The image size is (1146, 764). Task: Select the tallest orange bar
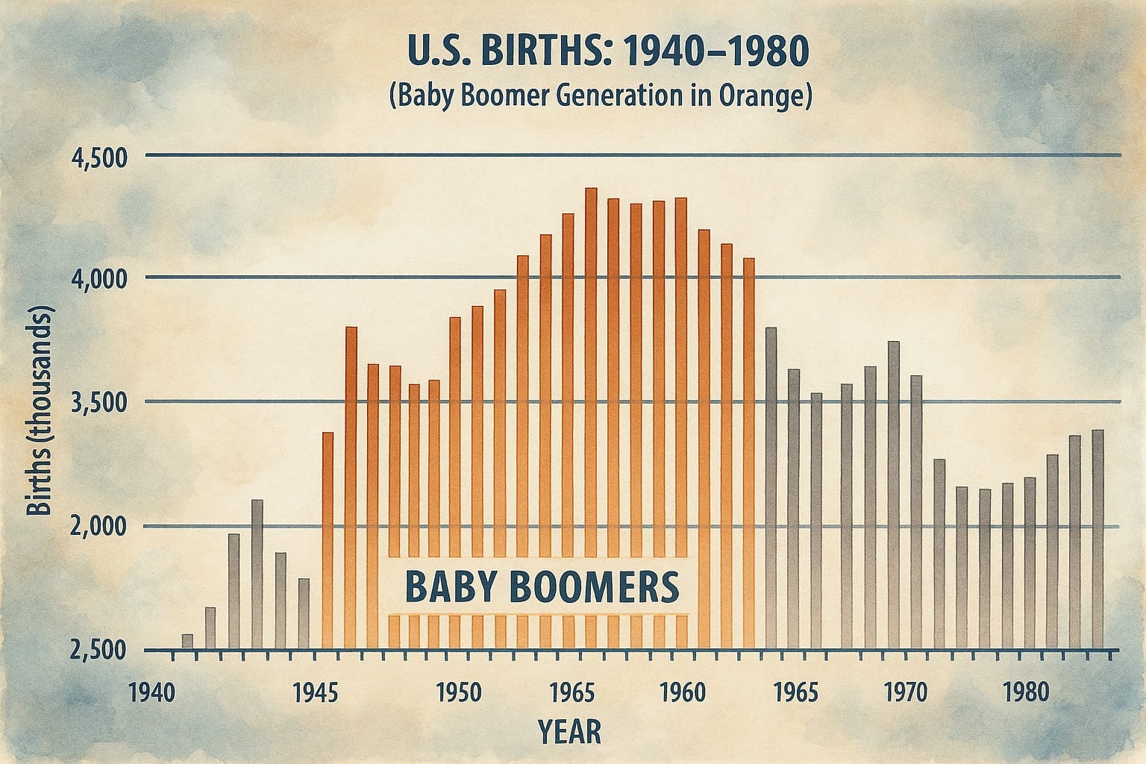[x=591, y=418]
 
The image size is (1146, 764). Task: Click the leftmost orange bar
[x=328, y=540]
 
